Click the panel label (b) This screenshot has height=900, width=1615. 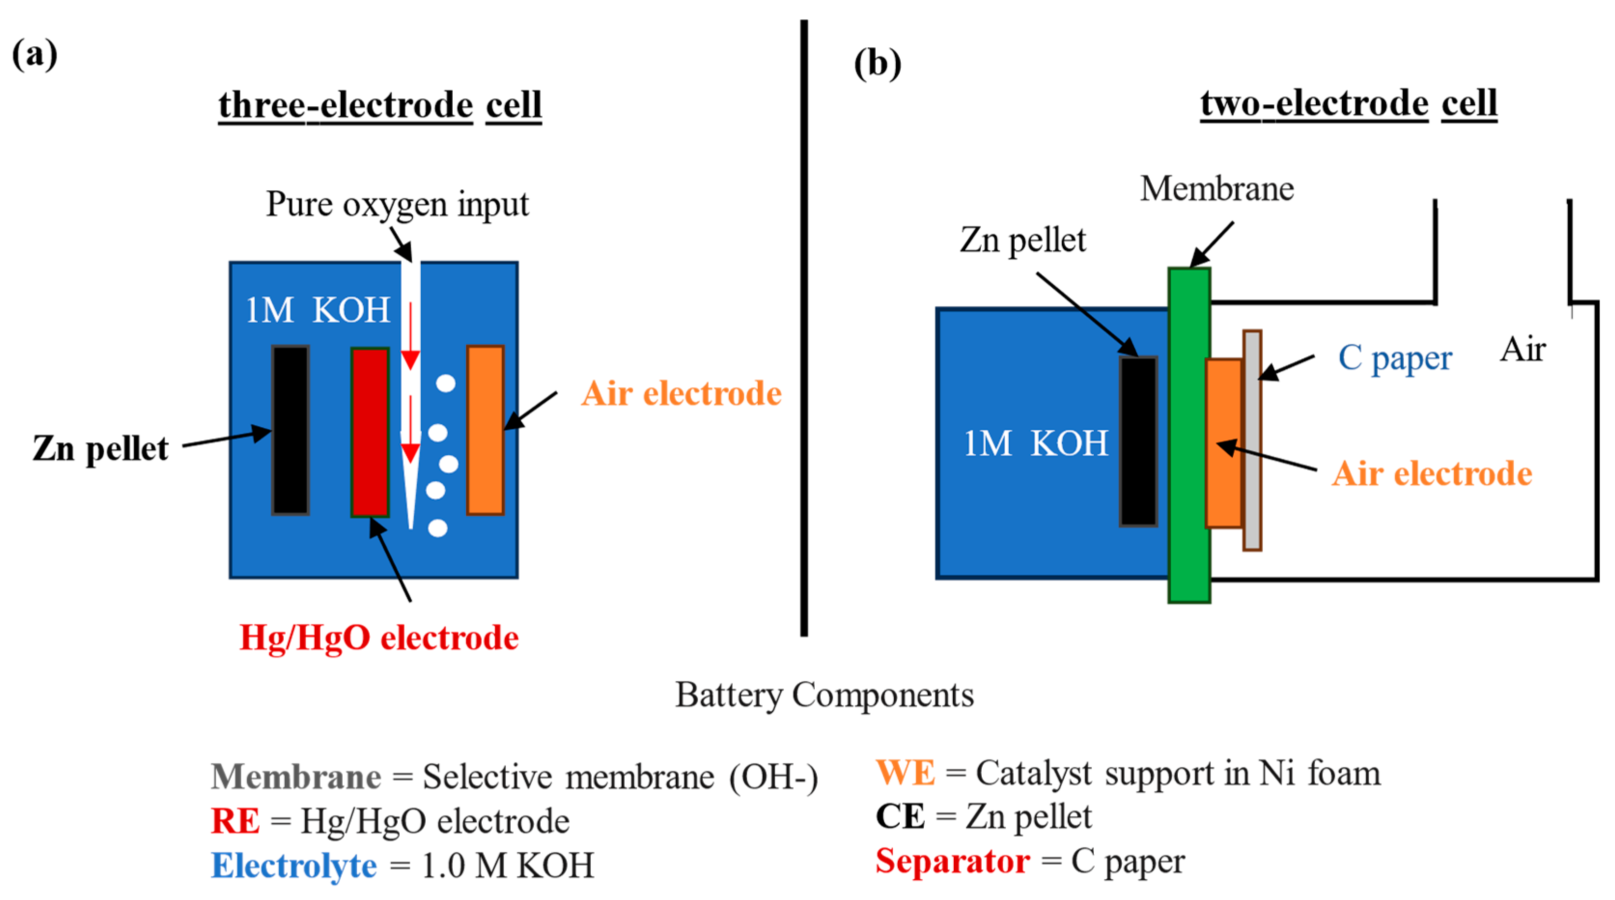coord(877,63)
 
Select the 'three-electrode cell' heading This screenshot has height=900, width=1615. coord(379,105)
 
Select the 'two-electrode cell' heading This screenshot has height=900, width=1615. coord(1348,103)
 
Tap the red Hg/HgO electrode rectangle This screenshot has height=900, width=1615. coord(370,432)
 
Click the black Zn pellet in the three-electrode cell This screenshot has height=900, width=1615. coord(290,430)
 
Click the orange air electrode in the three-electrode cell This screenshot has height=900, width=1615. coord(485,430)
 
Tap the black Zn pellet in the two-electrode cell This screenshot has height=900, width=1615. coord(1138,441)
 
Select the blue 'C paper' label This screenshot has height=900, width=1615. coord(1394,358)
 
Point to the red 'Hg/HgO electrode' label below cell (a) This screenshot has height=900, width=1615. coord(379,638)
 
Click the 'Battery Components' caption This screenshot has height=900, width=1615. coord(824,695)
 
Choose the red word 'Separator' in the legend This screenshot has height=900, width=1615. coord(952,861)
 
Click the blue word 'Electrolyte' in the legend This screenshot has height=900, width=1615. coord(293,866)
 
